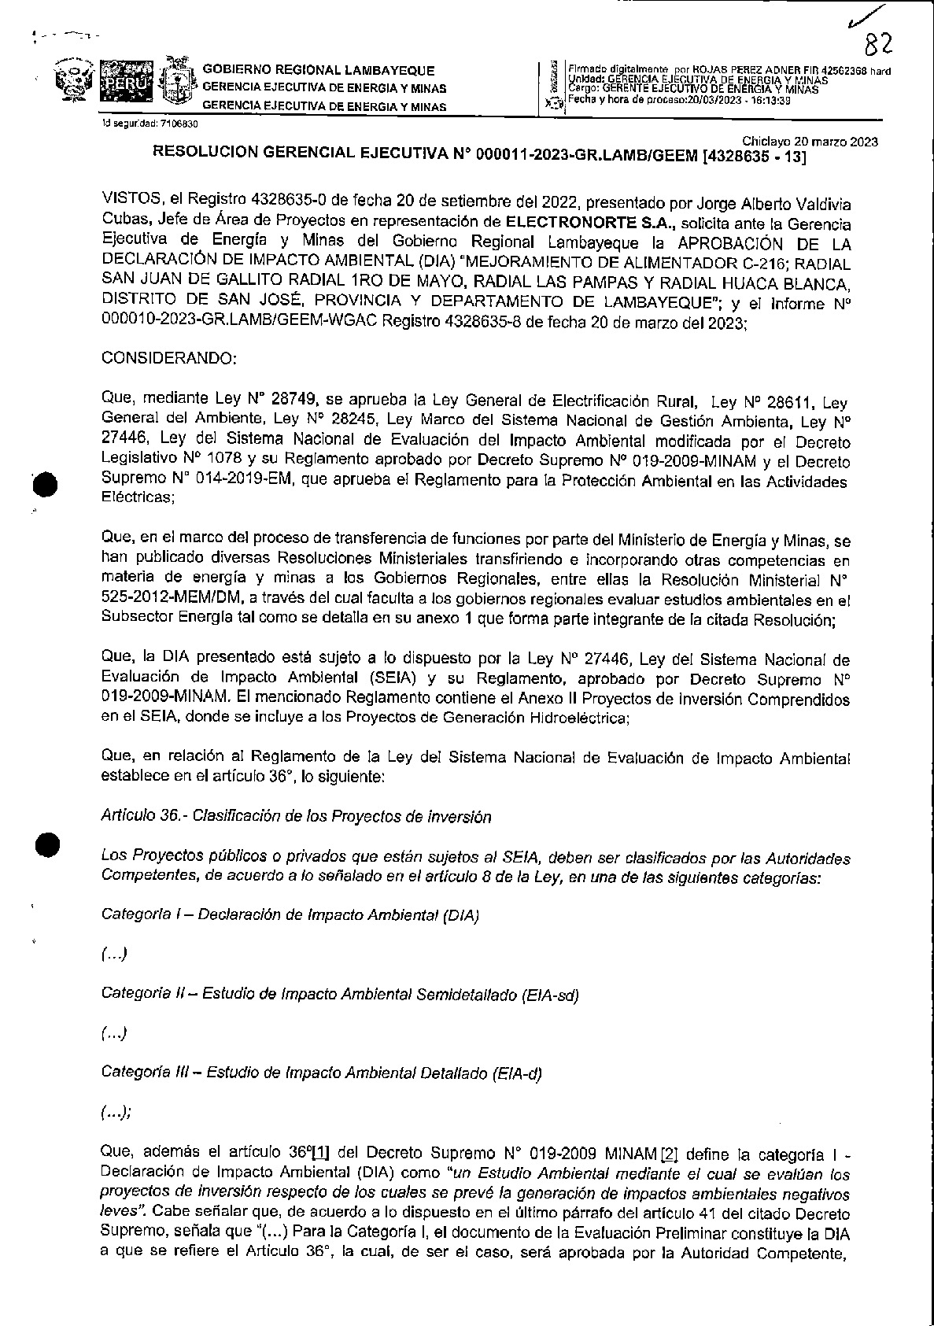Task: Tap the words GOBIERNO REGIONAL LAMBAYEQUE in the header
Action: (x=318, y=71)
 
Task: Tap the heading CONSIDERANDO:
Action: (x=168, y=359)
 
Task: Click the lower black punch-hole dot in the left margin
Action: (x=48, y=845)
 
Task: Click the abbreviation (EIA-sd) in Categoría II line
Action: (x=549, y=995)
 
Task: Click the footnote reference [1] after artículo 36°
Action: (x=320, y=1155)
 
